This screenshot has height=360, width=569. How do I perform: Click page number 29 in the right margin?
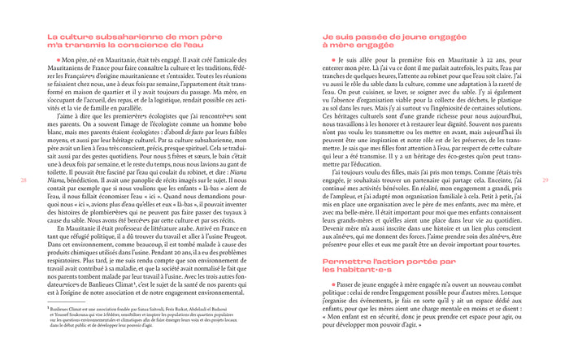(x=545, y=180)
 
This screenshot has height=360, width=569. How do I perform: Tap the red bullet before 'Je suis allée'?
(x=332, y=61)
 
